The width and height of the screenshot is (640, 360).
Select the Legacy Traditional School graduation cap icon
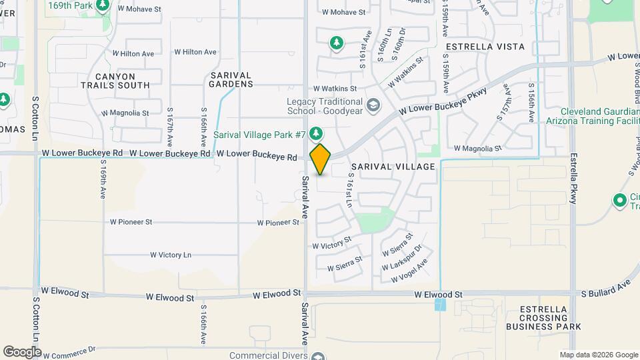373,105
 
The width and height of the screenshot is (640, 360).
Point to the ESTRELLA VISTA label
485,47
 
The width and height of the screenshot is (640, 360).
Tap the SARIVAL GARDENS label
231,79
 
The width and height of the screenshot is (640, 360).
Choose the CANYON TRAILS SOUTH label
115,81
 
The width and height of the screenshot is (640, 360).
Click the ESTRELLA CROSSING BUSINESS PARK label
543,318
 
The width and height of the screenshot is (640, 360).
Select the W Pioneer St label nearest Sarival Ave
277,223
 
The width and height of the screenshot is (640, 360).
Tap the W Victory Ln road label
170,255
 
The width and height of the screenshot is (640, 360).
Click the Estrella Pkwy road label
573,178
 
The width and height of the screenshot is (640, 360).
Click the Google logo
22,351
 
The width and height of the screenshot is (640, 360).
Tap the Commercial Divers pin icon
319,356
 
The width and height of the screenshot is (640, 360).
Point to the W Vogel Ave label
409,274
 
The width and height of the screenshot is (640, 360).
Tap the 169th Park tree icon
103,6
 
